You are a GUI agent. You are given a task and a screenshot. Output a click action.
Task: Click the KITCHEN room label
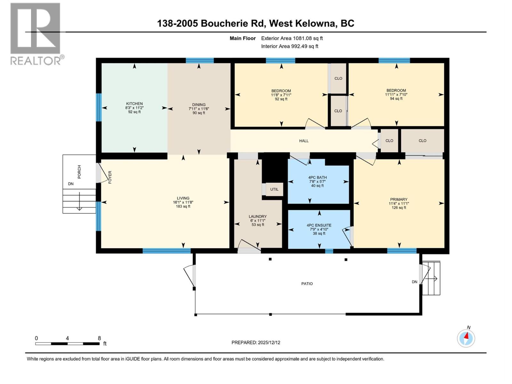(134, 104)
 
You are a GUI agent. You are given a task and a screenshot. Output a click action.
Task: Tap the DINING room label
(199, 105)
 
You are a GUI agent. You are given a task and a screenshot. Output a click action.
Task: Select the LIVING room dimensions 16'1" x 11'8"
(183, 202)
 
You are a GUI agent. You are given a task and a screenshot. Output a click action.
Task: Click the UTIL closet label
(274, 189)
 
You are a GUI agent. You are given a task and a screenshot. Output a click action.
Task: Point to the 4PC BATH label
(317, 177)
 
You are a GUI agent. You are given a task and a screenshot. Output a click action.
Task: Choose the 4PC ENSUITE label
(319, 225)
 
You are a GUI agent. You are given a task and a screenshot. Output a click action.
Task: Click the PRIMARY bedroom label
(398, 199)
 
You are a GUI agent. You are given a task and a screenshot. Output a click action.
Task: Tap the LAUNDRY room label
(258, 217)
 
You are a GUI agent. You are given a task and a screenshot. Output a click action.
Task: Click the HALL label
(304, 141)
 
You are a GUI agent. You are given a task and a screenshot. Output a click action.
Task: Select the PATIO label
(307, 284)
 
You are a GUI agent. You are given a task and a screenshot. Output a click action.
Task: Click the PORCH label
(79, 172)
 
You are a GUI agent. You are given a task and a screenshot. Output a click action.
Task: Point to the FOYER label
(110, 177)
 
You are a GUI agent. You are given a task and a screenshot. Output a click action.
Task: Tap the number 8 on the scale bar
(100, 338)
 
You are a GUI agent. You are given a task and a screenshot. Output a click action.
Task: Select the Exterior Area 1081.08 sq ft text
(292, 38)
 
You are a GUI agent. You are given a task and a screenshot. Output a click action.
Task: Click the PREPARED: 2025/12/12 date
(256, 342)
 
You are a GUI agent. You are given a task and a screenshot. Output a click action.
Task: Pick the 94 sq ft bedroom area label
(396, 99)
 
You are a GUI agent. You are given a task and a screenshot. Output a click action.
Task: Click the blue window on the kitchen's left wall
(99, 107)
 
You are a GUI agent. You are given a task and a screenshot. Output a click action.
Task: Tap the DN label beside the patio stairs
(414, 282)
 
